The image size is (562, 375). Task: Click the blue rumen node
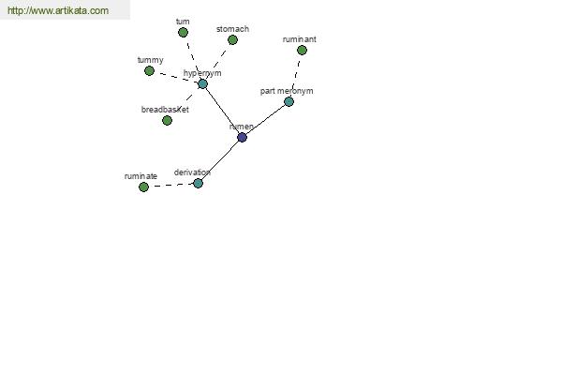pyautogui.click(x=242, y=137)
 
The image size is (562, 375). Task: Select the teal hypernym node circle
pyautogui.click(x=202, y=84)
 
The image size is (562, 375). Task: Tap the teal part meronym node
pyautogui.click(x=288, y=101)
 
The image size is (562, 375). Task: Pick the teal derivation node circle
pyautogui.click(x=198, y=184)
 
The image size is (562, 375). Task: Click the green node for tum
pyautogui.click(x=183, y=32)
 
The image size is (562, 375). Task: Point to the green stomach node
pyautogui.click(x=232, y=39)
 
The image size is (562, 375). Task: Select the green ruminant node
pyautogui.click(x=302, y=51)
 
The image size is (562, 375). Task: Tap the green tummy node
pyautogui.click(x=149, y=70)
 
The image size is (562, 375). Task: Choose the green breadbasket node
pyautogui.click(x=167, y=120)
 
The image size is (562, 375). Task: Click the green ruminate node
pyautogui.click(x=143, y=187)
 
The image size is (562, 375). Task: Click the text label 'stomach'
pyautogui.click(x=232, y=29)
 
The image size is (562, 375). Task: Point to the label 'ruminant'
pyautogui.click(x=300, y=39)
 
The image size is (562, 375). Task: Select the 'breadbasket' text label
pyautogui.click(x=165, y=110)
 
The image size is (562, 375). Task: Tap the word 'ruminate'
pyautogui.click(x=140, y=176)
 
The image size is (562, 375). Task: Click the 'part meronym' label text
pyautogui.click(x=287, y=91)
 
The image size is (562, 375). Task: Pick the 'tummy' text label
pyautogui.click(x=150, y=60)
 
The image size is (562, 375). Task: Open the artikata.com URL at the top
pyautogui.click(x=58, y=10)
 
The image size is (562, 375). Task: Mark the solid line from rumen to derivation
pyautogui.click(x=220, y=160)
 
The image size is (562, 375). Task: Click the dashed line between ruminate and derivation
pyautogui.click(x=170, y=186)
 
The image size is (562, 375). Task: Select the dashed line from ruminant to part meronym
pyautogui.click(x=296, y=75)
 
